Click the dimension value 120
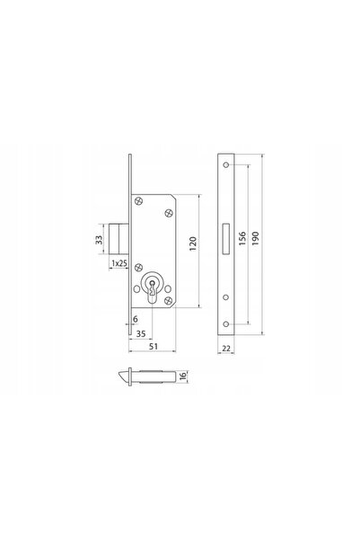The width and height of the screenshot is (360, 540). tap(193, 243)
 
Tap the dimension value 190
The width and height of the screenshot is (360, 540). tap(255, 238)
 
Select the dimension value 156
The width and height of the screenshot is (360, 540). tap(242, 238)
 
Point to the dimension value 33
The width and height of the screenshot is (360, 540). tap(99, 240)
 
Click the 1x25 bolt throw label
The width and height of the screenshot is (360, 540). tap(119, 263)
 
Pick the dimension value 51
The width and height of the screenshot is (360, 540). tap(154, 346)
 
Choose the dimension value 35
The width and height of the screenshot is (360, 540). tap(141, 333)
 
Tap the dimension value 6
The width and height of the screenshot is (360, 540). tap(136, 319)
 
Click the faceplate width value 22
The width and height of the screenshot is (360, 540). tap(226, 349)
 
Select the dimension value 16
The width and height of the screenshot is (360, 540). tap(183, 376)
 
